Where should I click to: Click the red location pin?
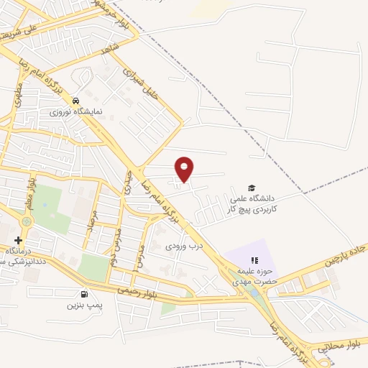click(x=185, y=168)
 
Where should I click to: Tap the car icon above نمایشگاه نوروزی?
click(x=75, y=101)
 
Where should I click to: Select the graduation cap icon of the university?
click(x=251, y=187)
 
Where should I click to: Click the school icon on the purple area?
click(x=253, y=261)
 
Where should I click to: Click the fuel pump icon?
click(x=85, y=294)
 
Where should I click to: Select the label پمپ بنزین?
click(x=81, y=305)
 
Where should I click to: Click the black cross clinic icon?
click(x=18, y=240)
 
